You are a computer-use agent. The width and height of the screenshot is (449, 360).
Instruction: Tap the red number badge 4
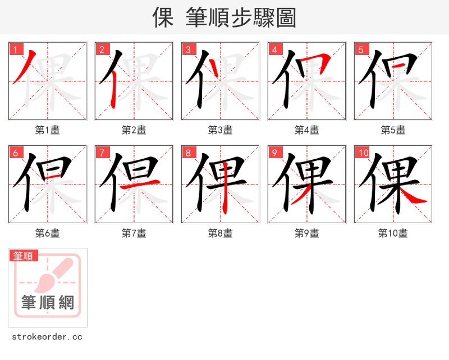coord(274,49)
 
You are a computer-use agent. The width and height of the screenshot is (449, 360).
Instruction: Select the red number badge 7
coord(102,153)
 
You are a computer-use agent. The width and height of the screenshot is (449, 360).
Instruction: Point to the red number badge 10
coord(363,153)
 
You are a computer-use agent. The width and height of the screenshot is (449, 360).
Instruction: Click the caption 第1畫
coord(48,130)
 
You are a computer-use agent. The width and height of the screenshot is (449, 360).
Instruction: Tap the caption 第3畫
coord(221,130)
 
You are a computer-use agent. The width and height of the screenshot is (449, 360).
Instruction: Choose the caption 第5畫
coord(393,130)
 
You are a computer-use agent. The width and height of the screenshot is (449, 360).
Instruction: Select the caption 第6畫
coord(48,233)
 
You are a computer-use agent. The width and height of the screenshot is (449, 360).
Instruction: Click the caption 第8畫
coord(221,233)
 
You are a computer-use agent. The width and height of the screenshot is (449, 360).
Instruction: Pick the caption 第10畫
coord(393,233)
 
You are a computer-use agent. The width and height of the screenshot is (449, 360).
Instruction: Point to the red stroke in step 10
coord(414,196)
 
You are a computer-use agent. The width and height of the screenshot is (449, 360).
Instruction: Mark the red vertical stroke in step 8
coord(225,196)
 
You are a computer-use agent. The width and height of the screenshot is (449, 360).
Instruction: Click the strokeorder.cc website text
coord(47,337)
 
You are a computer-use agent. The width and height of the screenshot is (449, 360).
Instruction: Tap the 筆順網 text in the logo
coord(48,303)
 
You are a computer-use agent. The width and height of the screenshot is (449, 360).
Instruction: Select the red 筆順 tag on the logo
coord(24,256)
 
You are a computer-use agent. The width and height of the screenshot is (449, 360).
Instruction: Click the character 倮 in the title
coord(163,18)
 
